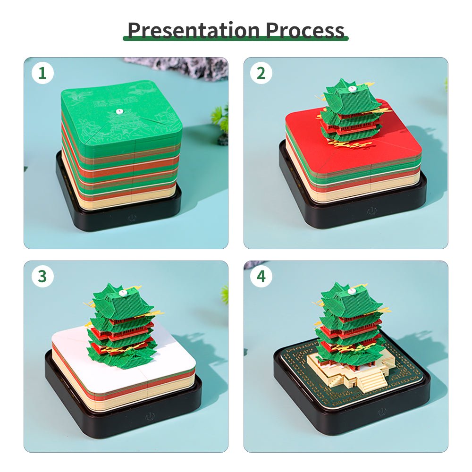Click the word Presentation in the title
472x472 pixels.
tap(194, 30)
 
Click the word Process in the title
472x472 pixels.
tap(304, 30)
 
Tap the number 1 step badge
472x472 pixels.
tap(42, 73)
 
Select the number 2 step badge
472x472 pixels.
tap(261, 73)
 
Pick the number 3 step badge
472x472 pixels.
tap(42, 277)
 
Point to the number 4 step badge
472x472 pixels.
tap(261, 277)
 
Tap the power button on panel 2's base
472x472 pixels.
tap(372, 211)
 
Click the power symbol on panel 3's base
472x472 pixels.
tap(151, 416)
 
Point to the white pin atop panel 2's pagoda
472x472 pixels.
tap(352, 88)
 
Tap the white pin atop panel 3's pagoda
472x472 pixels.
tap(123, 293)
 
